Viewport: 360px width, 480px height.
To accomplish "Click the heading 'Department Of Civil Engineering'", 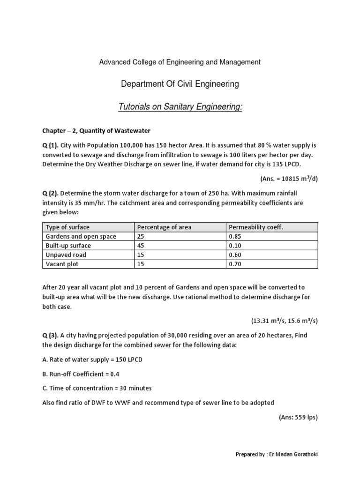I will (180, 84).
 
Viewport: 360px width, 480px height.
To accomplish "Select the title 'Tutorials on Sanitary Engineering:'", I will (180, 108).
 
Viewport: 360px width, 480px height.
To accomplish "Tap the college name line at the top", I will (180, 62).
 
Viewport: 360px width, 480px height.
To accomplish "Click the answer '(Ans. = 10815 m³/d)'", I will (289, 179).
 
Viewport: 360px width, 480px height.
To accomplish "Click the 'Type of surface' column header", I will (67, 227).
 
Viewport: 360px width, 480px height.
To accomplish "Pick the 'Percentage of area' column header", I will (164, 227).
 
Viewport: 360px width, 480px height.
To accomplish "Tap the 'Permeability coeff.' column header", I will (255, 227).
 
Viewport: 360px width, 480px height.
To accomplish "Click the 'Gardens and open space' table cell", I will (81, 236).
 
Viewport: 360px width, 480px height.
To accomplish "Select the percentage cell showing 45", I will (141, 246).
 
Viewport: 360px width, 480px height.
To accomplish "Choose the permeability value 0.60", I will (234, 255).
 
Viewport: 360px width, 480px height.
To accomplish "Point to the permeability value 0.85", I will (234, 236).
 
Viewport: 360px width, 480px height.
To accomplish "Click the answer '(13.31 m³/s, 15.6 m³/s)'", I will (284, 321).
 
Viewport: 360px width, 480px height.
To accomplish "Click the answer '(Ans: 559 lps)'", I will (298, 418).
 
